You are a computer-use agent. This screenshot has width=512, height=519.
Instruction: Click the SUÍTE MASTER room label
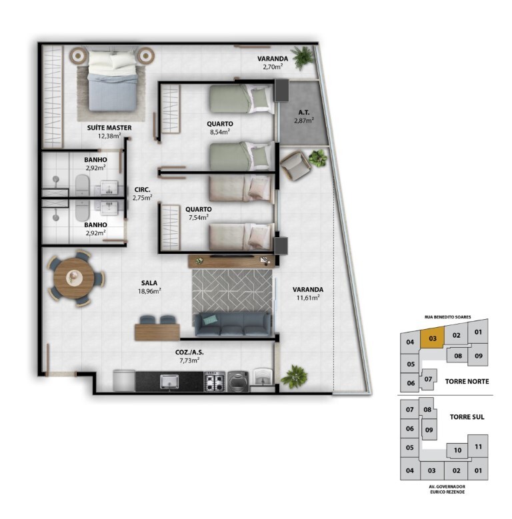click(x=109, y=128)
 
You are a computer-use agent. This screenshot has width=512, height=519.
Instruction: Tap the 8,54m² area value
click(x=220, y=132)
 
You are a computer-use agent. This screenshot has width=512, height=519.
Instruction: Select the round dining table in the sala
click(x=73, y=278)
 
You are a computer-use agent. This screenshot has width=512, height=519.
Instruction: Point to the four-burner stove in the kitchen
click(x=214, y=382)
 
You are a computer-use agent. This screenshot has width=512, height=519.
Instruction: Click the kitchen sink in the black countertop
click(x=169, y=382)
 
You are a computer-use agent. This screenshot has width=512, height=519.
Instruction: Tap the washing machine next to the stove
click(x=238, y=382)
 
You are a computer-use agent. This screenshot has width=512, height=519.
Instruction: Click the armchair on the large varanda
click(x=295, y=166)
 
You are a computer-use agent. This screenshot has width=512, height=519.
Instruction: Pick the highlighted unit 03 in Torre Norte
click(x=433, y=338)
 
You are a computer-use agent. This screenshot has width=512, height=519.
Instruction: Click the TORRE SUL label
click(x=467, y=417)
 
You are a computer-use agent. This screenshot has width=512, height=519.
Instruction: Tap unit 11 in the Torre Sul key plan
click(x=478, y=447)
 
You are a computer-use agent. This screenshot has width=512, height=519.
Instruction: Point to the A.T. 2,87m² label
click(x=304, y=117)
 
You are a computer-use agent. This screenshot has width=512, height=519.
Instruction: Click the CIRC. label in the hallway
click(x=143, y=190)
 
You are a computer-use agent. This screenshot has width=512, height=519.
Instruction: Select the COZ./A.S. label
click(x=189, y=352)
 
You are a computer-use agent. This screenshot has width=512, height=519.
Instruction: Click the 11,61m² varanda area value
click(x=307, y=298)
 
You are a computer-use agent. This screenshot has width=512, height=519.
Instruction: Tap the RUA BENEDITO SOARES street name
click(x=447, y=317)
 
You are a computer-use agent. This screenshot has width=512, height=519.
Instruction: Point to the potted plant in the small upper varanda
click(x=303, y=57)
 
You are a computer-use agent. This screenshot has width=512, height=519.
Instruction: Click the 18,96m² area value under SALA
click(x=149, y=291)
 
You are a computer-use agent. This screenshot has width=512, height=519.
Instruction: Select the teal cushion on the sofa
click(x=209, y=319)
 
